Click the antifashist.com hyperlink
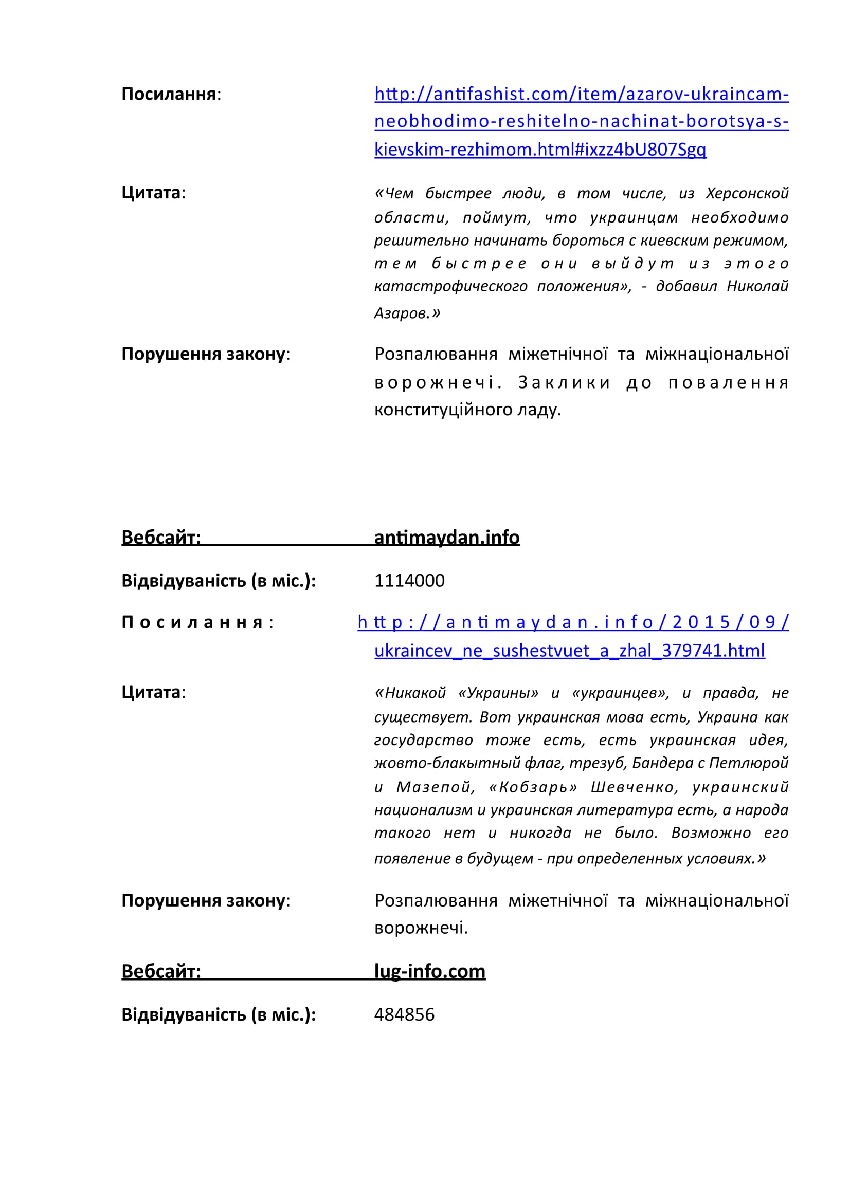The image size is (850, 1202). pyautogui.click(x=582, y=121)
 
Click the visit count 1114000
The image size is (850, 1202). pyautogui.click(x=409, y=581)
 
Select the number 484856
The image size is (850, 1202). pyautogui.click(x=404, y=1014)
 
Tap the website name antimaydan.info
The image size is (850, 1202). pyautogui.click(x=447, y=538)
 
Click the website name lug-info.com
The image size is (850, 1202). pyautogui.click(x=429, y=971)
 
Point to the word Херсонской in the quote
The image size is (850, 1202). pyautogui.click(x=747, y=194)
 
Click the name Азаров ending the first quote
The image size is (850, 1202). pyautogui.click(x=401, y=313)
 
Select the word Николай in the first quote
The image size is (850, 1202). pyautogui.click(x=757, y=286)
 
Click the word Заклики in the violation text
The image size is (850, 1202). pyautogui.click(x=564, y=383)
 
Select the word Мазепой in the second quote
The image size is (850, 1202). pyautogui.click(x=435, y=787)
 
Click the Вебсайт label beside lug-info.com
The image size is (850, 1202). pyautogui.click(x=161, y=972)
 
